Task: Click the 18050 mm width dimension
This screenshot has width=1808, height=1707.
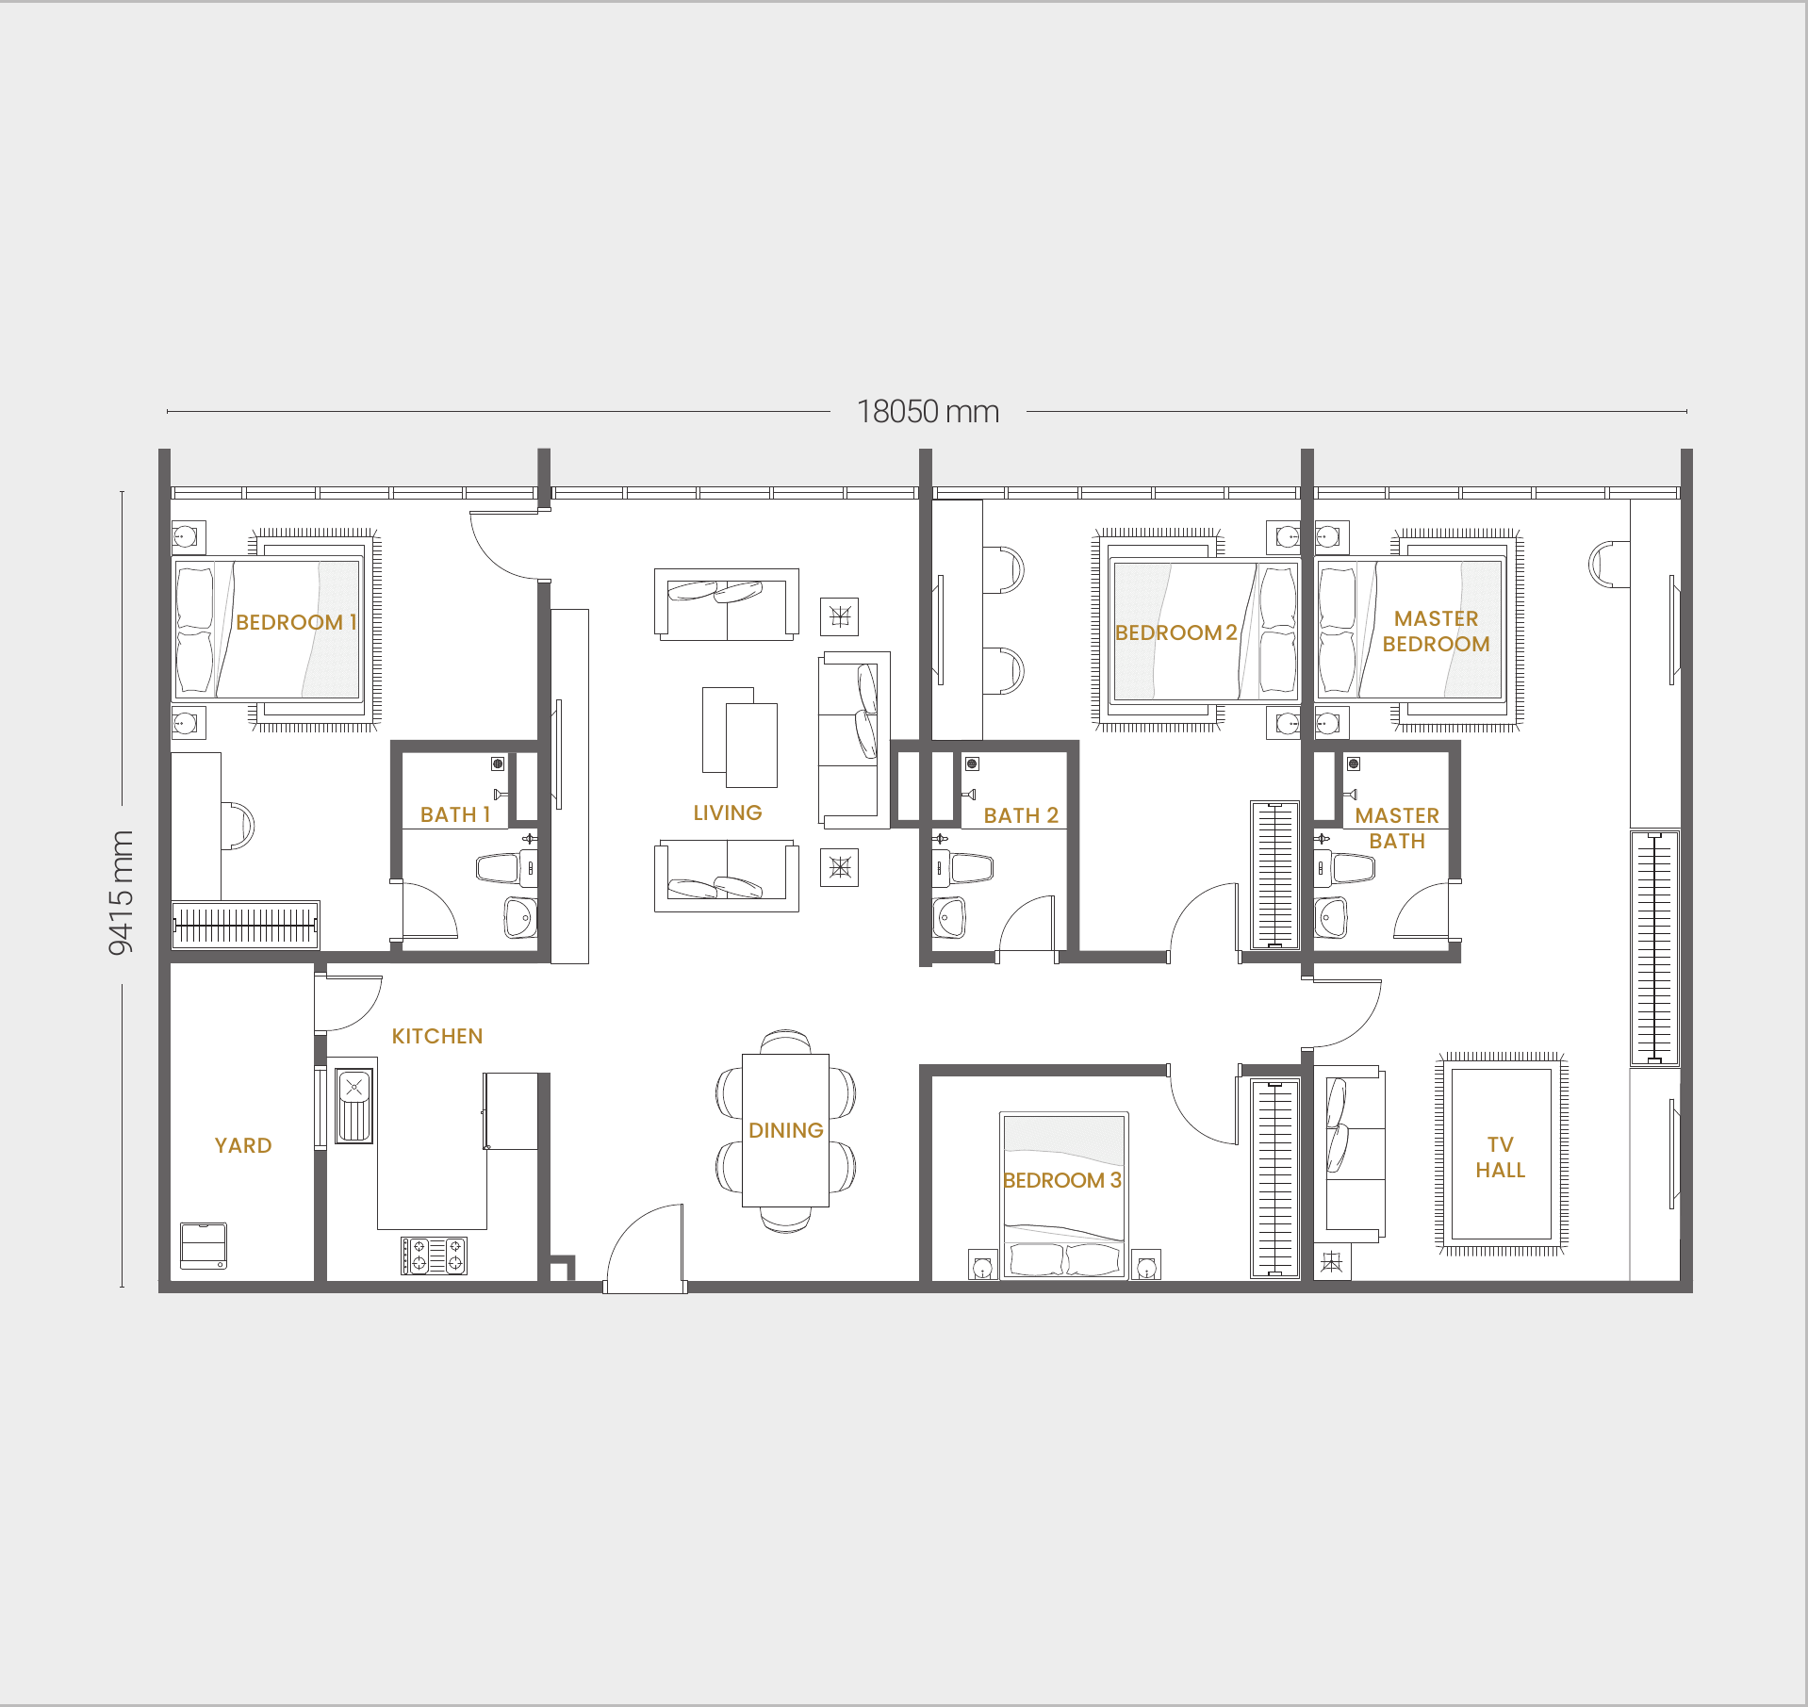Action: point(928,412)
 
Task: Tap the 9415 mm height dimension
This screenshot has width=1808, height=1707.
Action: point(121,893)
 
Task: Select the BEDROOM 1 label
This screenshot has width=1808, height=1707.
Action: point(296,622)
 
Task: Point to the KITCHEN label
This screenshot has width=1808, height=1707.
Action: point(437,1036)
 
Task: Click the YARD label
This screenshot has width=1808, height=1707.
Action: point(243,1145)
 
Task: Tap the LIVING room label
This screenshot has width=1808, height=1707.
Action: point(728,812)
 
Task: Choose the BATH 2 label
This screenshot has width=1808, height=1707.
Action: point(1021,815)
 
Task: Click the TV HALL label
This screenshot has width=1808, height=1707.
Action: point(1501,1157)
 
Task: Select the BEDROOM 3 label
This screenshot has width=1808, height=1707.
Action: point(1062,1180)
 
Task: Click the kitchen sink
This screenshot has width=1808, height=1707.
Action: point(354,1106)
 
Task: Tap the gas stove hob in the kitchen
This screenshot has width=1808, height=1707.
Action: point(434,1256)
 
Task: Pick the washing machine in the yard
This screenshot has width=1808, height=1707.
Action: point(204,1246)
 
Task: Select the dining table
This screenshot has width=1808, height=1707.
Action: point(785,1130)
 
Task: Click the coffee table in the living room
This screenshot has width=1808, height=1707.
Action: point(740,737)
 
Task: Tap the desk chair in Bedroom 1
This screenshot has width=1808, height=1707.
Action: point(238,826)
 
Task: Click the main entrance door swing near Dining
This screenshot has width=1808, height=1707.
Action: point(645,1246)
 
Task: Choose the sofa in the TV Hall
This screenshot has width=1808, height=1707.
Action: point(1355,1153)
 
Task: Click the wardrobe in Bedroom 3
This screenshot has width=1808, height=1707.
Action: point(1274,1178)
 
